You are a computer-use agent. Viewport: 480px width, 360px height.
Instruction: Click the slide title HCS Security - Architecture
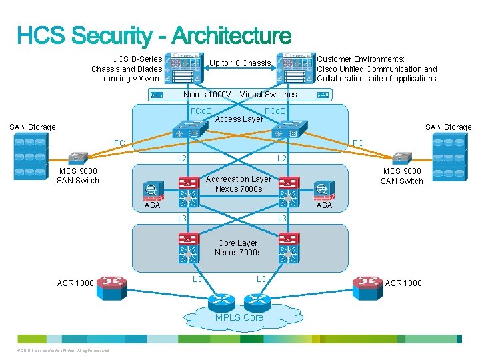154,36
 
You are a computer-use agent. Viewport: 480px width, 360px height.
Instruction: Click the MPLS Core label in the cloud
239,317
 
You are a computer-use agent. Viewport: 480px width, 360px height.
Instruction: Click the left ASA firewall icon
153,189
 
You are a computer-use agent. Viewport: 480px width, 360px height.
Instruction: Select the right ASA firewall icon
323,189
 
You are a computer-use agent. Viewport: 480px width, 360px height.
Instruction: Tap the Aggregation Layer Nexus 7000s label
238,184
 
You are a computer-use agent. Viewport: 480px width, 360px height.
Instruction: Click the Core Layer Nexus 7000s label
238,248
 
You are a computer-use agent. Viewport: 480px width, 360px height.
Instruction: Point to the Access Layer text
239,120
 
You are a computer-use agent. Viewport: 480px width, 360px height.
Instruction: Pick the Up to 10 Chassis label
240,63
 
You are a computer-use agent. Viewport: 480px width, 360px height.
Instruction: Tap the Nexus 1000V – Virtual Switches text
240,95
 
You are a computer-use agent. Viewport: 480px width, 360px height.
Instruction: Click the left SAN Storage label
32,127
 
